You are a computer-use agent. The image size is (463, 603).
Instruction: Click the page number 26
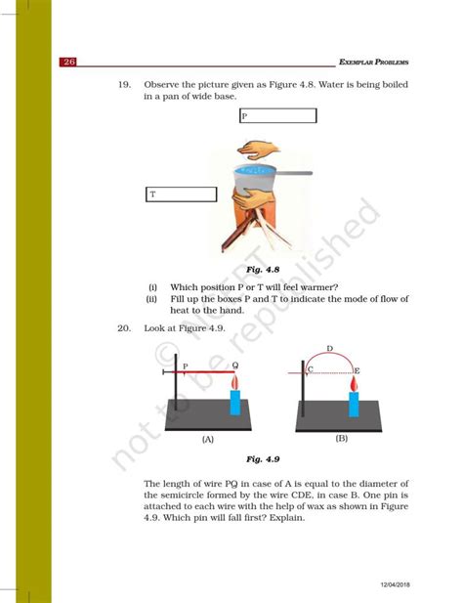click(69, 62)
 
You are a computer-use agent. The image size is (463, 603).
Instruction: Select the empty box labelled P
click(277, 116)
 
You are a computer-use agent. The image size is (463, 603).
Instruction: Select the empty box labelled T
click(181, 194)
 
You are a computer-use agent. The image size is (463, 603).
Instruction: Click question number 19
click(124, 85)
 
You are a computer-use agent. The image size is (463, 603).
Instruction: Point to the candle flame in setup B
click(354, 385)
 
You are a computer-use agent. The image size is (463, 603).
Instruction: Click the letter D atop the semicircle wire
click(329, 348)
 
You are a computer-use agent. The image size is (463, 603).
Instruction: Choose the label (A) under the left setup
click(207, 440)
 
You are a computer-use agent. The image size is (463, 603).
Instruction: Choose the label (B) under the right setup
click(341, 439)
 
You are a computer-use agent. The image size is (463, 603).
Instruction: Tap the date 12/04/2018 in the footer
click(400, 582)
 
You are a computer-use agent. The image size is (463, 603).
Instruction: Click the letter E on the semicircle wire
click(357, 370)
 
